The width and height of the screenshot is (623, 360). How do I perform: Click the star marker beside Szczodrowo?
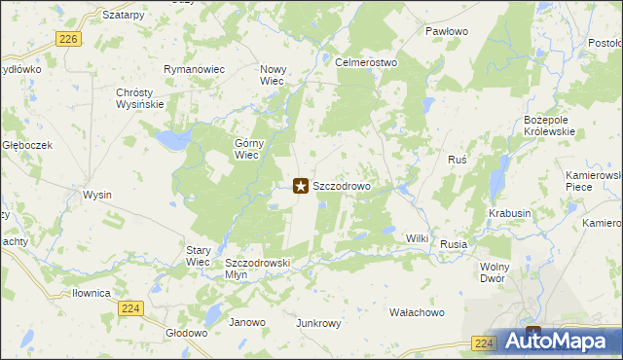tap(301, 185)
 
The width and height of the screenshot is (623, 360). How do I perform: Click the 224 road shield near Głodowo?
tap(131, 308)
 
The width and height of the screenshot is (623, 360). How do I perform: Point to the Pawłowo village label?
tap(447, 31)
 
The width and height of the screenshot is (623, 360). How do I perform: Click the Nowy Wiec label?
tap(272, 76)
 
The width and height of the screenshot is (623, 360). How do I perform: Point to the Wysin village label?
tap(97, 195)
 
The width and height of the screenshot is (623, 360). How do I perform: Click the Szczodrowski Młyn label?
tap(258, 270)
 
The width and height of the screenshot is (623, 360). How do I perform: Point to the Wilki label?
tap(418, 237)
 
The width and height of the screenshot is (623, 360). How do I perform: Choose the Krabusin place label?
tap(510, 213)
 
